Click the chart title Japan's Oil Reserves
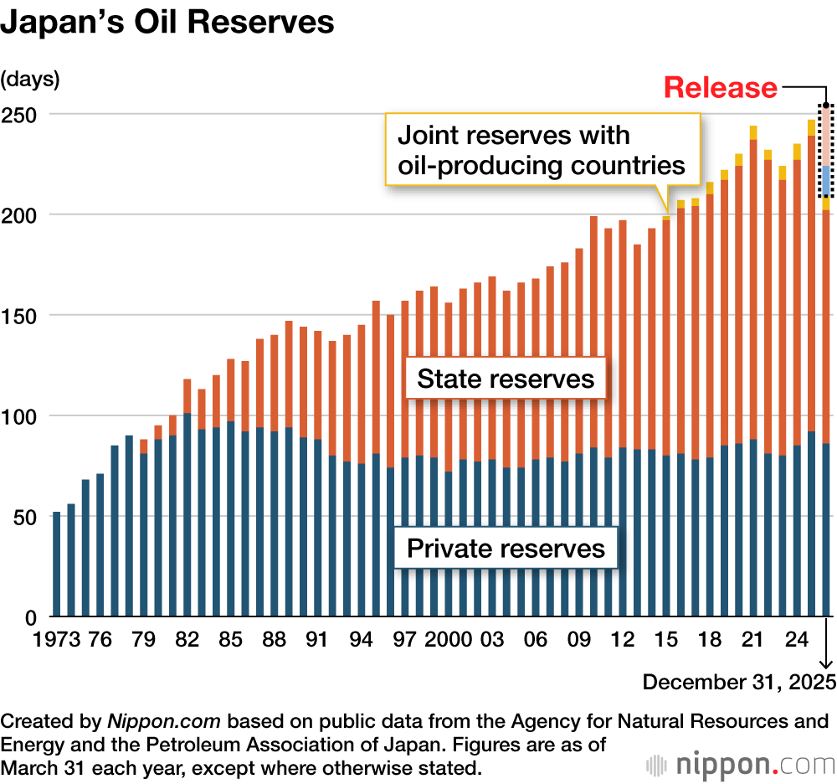pos(167,23)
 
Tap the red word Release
pos(721,87)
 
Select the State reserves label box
pos(506,379)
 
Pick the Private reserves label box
pos(506,549)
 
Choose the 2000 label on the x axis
pos(449,641)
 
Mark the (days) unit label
pos(30,80)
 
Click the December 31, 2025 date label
pos(739,682)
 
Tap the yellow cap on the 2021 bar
pos(753,132)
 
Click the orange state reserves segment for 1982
pos(187,396)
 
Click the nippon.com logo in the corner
pos(741,764)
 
